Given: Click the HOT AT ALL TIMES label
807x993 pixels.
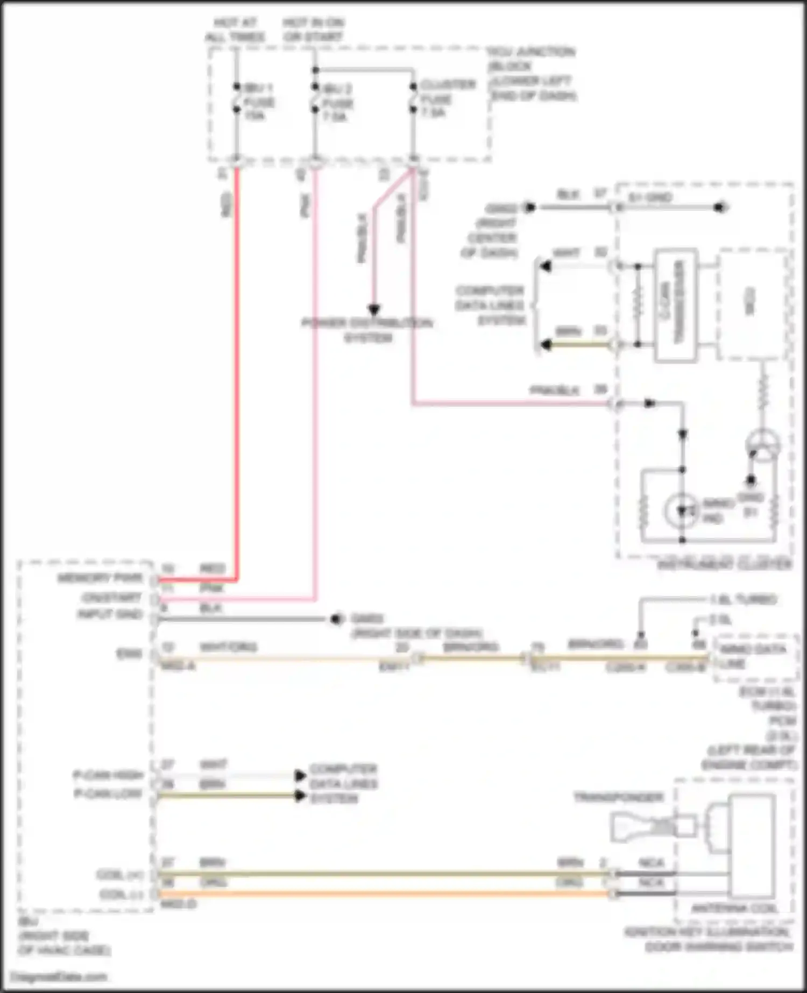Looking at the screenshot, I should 235,30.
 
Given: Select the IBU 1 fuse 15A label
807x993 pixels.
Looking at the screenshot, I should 259,102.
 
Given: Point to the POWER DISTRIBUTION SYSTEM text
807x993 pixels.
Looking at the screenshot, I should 367,330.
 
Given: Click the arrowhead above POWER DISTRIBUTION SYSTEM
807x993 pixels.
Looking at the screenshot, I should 374,310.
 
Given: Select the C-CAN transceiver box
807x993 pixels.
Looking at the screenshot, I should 676,305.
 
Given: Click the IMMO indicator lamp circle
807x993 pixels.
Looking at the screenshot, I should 682,509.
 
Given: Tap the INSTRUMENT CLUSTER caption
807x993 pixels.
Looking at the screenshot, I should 725,564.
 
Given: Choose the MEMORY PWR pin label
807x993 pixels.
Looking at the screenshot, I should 100,578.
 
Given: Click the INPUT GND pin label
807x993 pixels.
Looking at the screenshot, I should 110,614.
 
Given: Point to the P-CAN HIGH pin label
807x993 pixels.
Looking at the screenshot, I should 108,775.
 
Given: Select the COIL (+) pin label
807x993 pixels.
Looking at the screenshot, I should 119,875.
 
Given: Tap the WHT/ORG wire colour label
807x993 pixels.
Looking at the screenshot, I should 228,647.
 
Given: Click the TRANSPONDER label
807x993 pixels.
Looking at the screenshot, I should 619,797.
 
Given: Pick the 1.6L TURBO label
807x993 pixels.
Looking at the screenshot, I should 743,599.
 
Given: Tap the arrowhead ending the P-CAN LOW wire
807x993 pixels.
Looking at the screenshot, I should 300,796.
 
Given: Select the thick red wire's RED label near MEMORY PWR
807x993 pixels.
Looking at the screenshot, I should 212,569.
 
